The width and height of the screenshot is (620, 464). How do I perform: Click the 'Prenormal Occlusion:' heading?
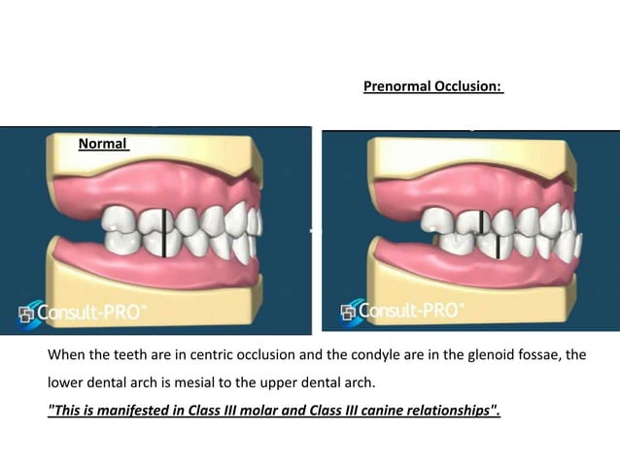pos(432,86)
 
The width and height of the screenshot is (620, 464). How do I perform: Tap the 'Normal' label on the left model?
pos(103,144)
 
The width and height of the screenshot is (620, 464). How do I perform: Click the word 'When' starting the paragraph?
pos(67,355)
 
